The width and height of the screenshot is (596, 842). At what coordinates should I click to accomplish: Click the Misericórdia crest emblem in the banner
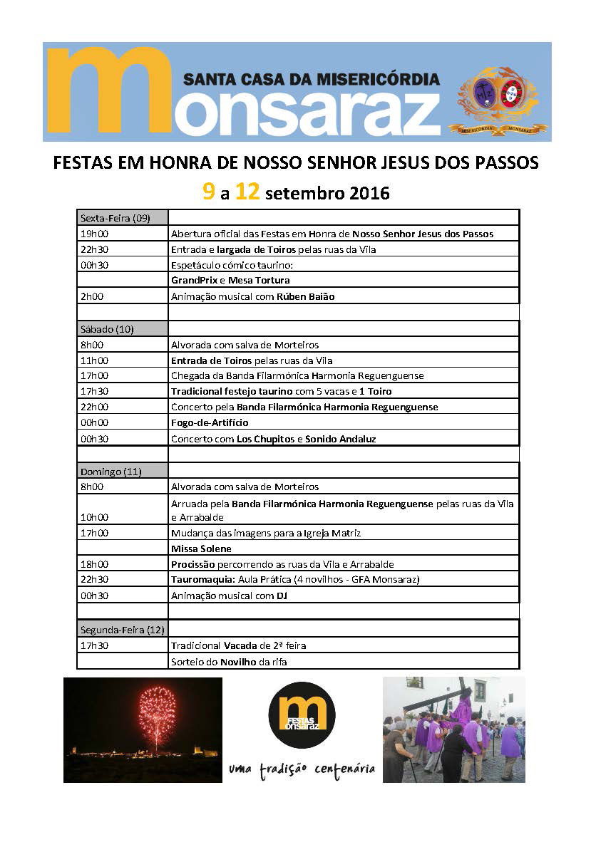pyautogui.click(x=498, y=98)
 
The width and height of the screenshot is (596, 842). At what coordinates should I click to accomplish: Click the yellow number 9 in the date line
pyautogui.click(x=208, y=192)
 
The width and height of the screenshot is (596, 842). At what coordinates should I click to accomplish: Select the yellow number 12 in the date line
pyautogui.click(x=247, y=192)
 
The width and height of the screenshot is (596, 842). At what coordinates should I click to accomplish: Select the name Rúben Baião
pyautogui.click(x=306, y=296)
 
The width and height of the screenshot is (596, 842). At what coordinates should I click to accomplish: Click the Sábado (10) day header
pyautogui.click(x=107, y=329)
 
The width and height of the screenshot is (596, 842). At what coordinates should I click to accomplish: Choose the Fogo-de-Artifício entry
pyautogui.click(x=210, y=423)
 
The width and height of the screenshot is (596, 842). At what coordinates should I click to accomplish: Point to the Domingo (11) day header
pyautogui.click(x=109, y=472)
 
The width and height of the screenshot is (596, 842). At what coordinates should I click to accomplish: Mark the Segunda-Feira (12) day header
pyautogui.click(x=122, y=630)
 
